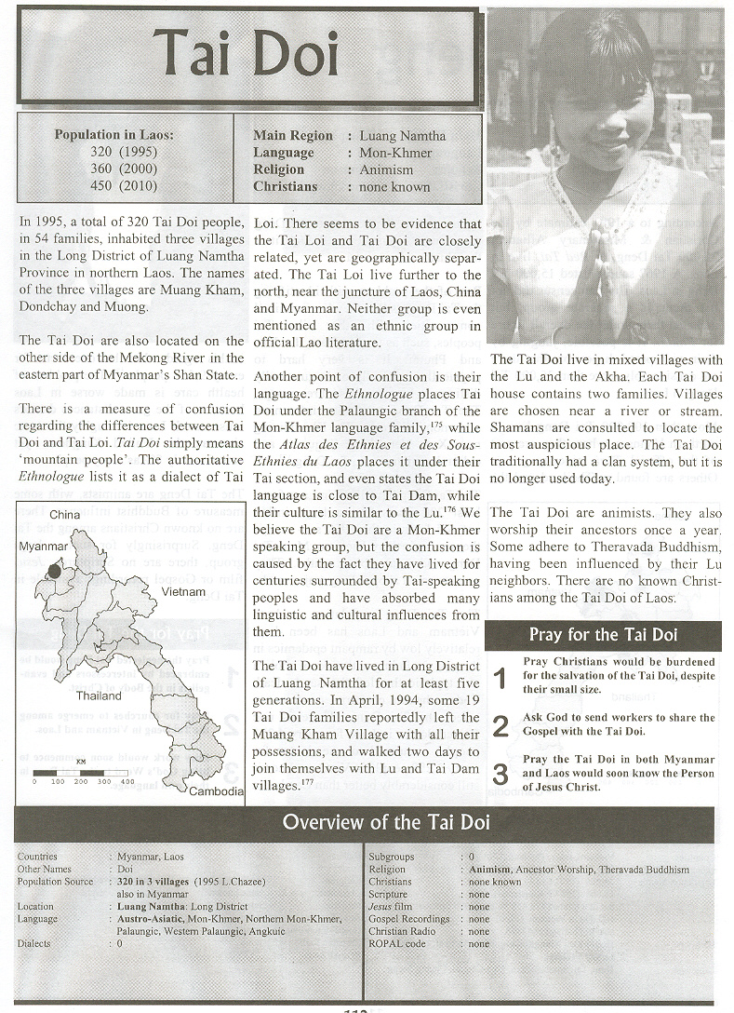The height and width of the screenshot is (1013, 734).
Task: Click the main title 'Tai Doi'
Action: click(x=247, y=54)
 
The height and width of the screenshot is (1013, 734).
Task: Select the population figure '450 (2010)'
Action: click(x=125, y=186)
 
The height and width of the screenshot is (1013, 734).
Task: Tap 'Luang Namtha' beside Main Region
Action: click(x=402, y=136)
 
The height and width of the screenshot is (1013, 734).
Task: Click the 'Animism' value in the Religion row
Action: click(x=386, y=169)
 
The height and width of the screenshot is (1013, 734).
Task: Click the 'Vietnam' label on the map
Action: click(x=182, y=591)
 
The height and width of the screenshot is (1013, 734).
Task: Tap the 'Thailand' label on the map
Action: click(x=99, y=696)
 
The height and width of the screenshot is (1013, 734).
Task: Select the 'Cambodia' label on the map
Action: click(x=215, y=791)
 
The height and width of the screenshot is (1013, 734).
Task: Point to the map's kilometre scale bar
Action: click(x=79, y=773)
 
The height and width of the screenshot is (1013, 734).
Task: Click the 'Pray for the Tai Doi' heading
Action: click(x=603, y=635)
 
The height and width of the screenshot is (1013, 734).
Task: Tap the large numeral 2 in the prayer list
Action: click(x=500, y=725)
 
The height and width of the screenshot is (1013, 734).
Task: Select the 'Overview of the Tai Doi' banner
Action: click(x=385, y=822)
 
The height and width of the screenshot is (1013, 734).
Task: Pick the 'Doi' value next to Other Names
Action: click(x=127, y=869)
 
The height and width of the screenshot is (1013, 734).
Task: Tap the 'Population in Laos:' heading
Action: click(x=113, y=135)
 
